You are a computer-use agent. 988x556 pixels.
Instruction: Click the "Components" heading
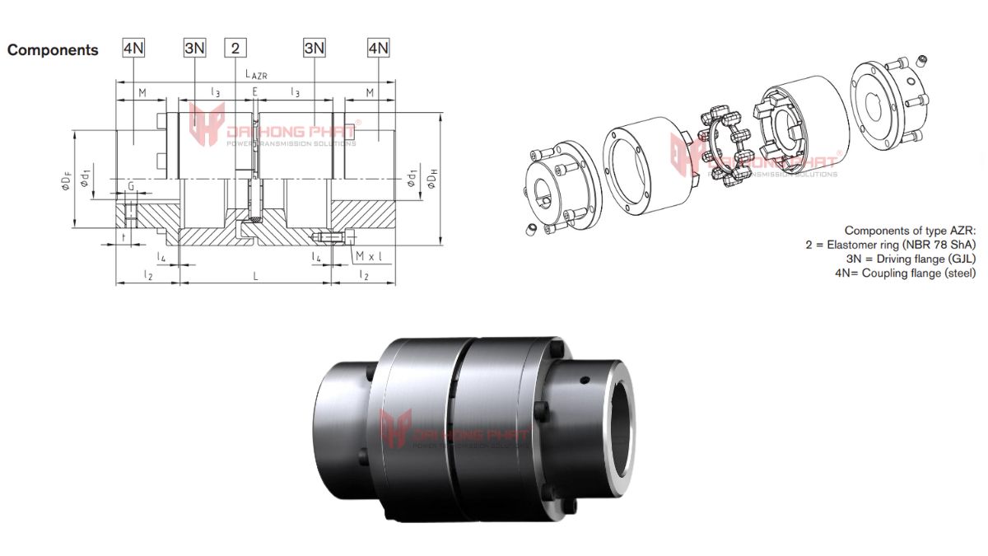click(x=53, y=50)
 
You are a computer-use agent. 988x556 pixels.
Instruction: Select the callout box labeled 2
click(x=235, y=48)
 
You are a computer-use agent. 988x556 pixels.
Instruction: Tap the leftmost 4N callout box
click(x=133, y=48)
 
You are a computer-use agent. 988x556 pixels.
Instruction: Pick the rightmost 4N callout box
click(x=379, y=48)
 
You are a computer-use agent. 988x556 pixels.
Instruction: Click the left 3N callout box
click(x=194, y=48)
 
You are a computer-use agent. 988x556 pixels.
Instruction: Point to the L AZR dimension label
click(x=256, y=74)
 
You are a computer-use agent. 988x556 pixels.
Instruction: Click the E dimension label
click(x=255, y=92)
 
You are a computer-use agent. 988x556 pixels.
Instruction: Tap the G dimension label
click(x=130, y=188)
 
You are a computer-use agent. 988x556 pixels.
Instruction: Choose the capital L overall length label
click(x=256, y=275)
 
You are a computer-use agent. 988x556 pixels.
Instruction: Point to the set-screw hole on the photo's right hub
click(x=584, y=381)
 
